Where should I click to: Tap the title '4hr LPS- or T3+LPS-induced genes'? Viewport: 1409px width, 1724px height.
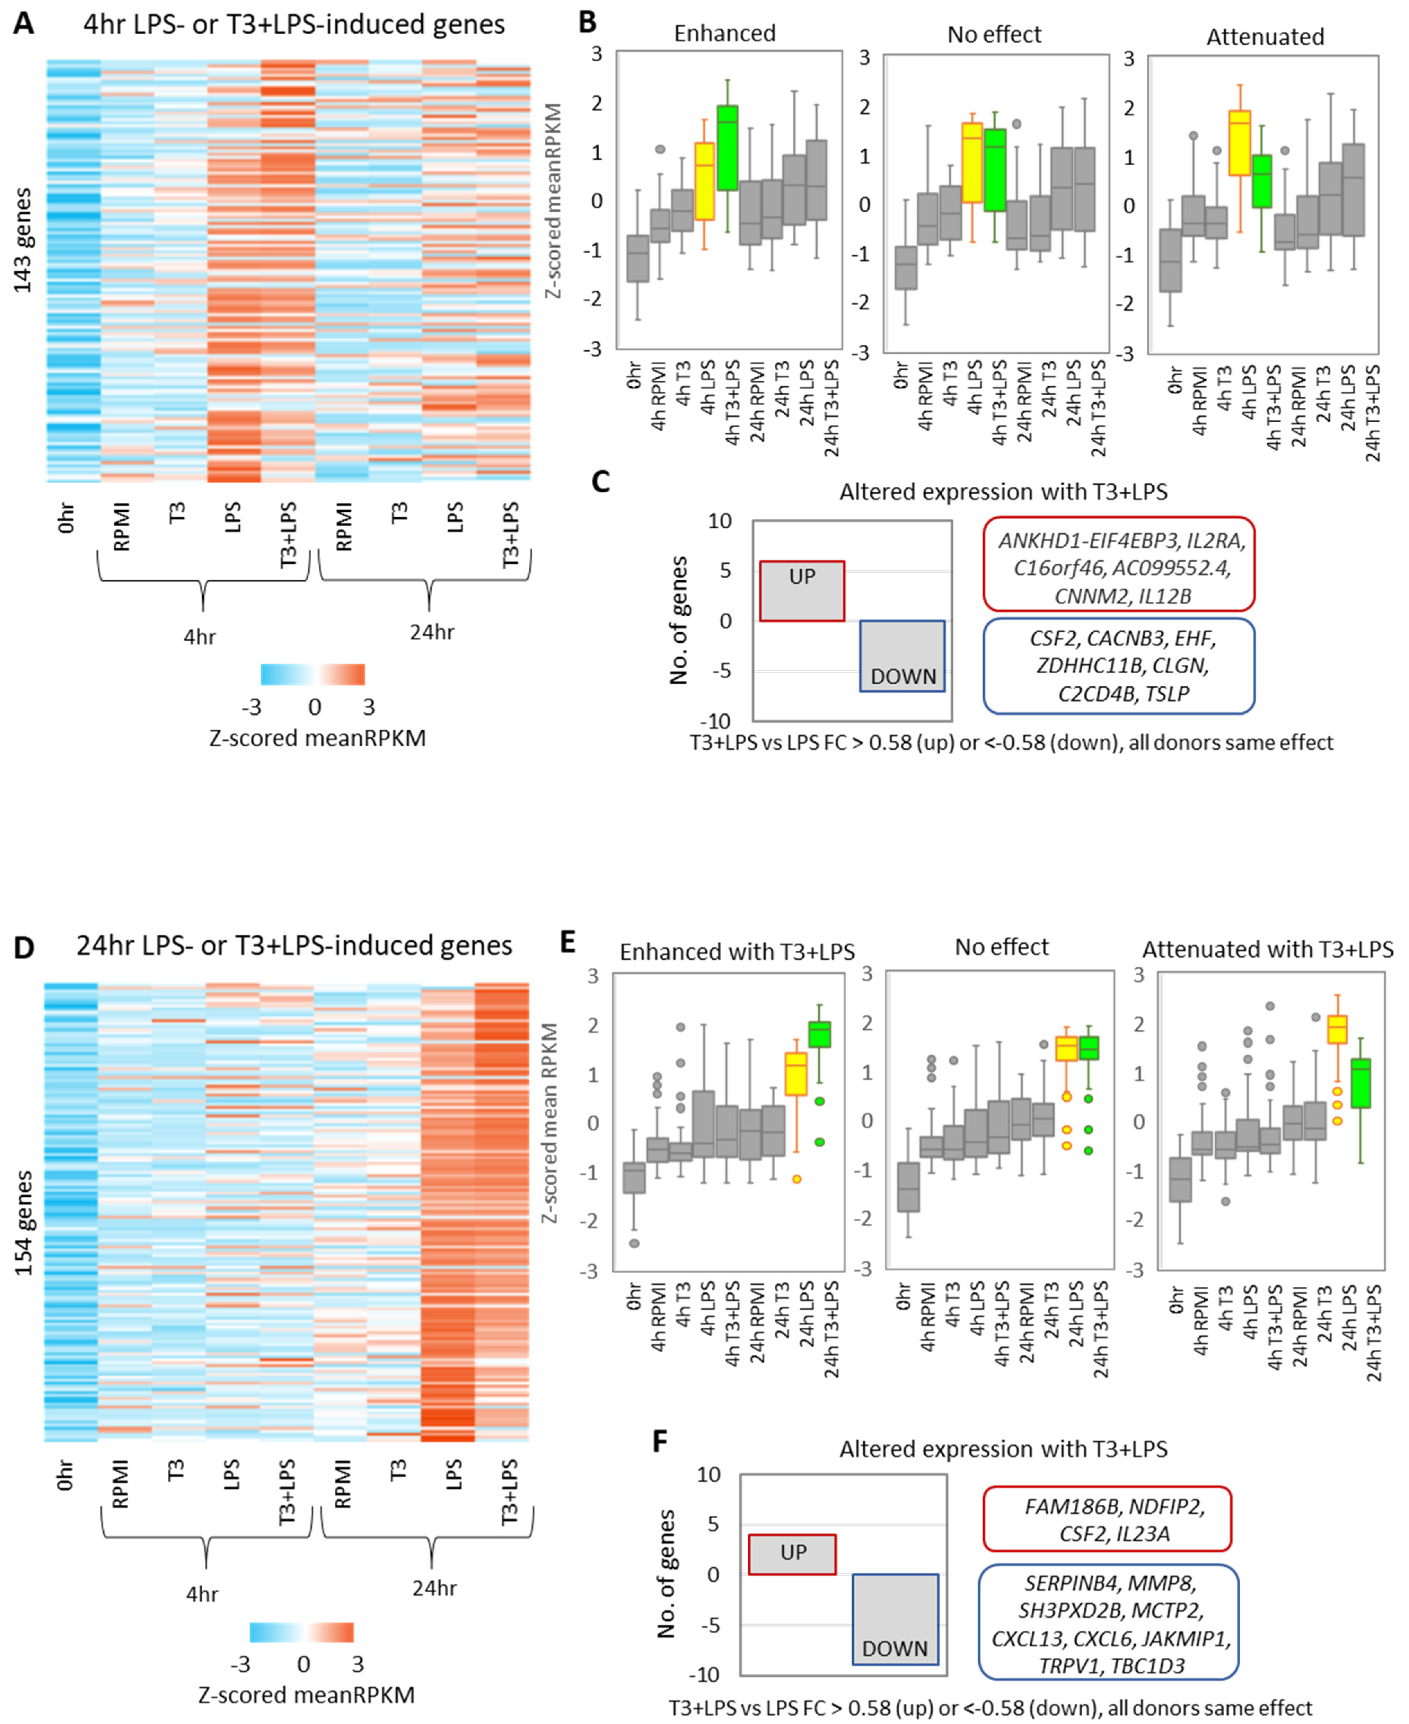[x=294, y=24]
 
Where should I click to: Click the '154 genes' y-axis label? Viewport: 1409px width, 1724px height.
[x=23, y=1222]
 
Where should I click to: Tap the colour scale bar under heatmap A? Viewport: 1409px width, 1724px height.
[x=312, y=675]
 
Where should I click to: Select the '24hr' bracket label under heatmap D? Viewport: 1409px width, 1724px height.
[x=434, y=1587]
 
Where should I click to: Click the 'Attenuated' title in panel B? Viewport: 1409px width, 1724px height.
[x=1265, y=36]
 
